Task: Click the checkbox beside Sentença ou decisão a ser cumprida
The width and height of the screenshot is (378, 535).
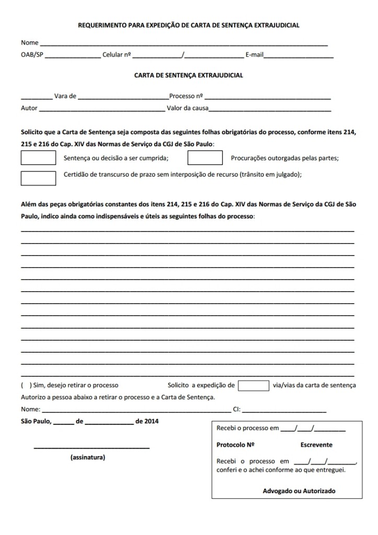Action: (38, 157)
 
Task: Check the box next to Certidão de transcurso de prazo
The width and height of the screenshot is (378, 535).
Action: (38, 178)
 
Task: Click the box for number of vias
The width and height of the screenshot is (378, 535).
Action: (254, 386)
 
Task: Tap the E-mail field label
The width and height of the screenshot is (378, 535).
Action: (255, 54)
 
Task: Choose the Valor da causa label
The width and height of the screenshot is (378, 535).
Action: (187, 109)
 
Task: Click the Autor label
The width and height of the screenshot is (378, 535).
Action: (29, 109)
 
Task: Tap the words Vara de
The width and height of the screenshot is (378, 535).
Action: (65, 96)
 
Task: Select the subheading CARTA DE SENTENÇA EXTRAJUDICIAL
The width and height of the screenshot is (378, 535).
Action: (189, 75)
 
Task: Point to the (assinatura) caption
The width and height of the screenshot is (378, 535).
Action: (87, 457)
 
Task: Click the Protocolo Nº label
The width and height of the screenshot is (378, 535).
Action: (235, 445)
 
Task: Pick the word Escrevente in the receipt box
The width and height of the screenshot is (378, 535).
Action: (316, 445)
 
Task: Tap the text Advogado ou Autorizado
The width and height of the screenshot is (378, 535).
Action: (299, 491)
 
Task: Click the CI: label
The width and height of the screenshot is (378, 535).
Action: (237, 409)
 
